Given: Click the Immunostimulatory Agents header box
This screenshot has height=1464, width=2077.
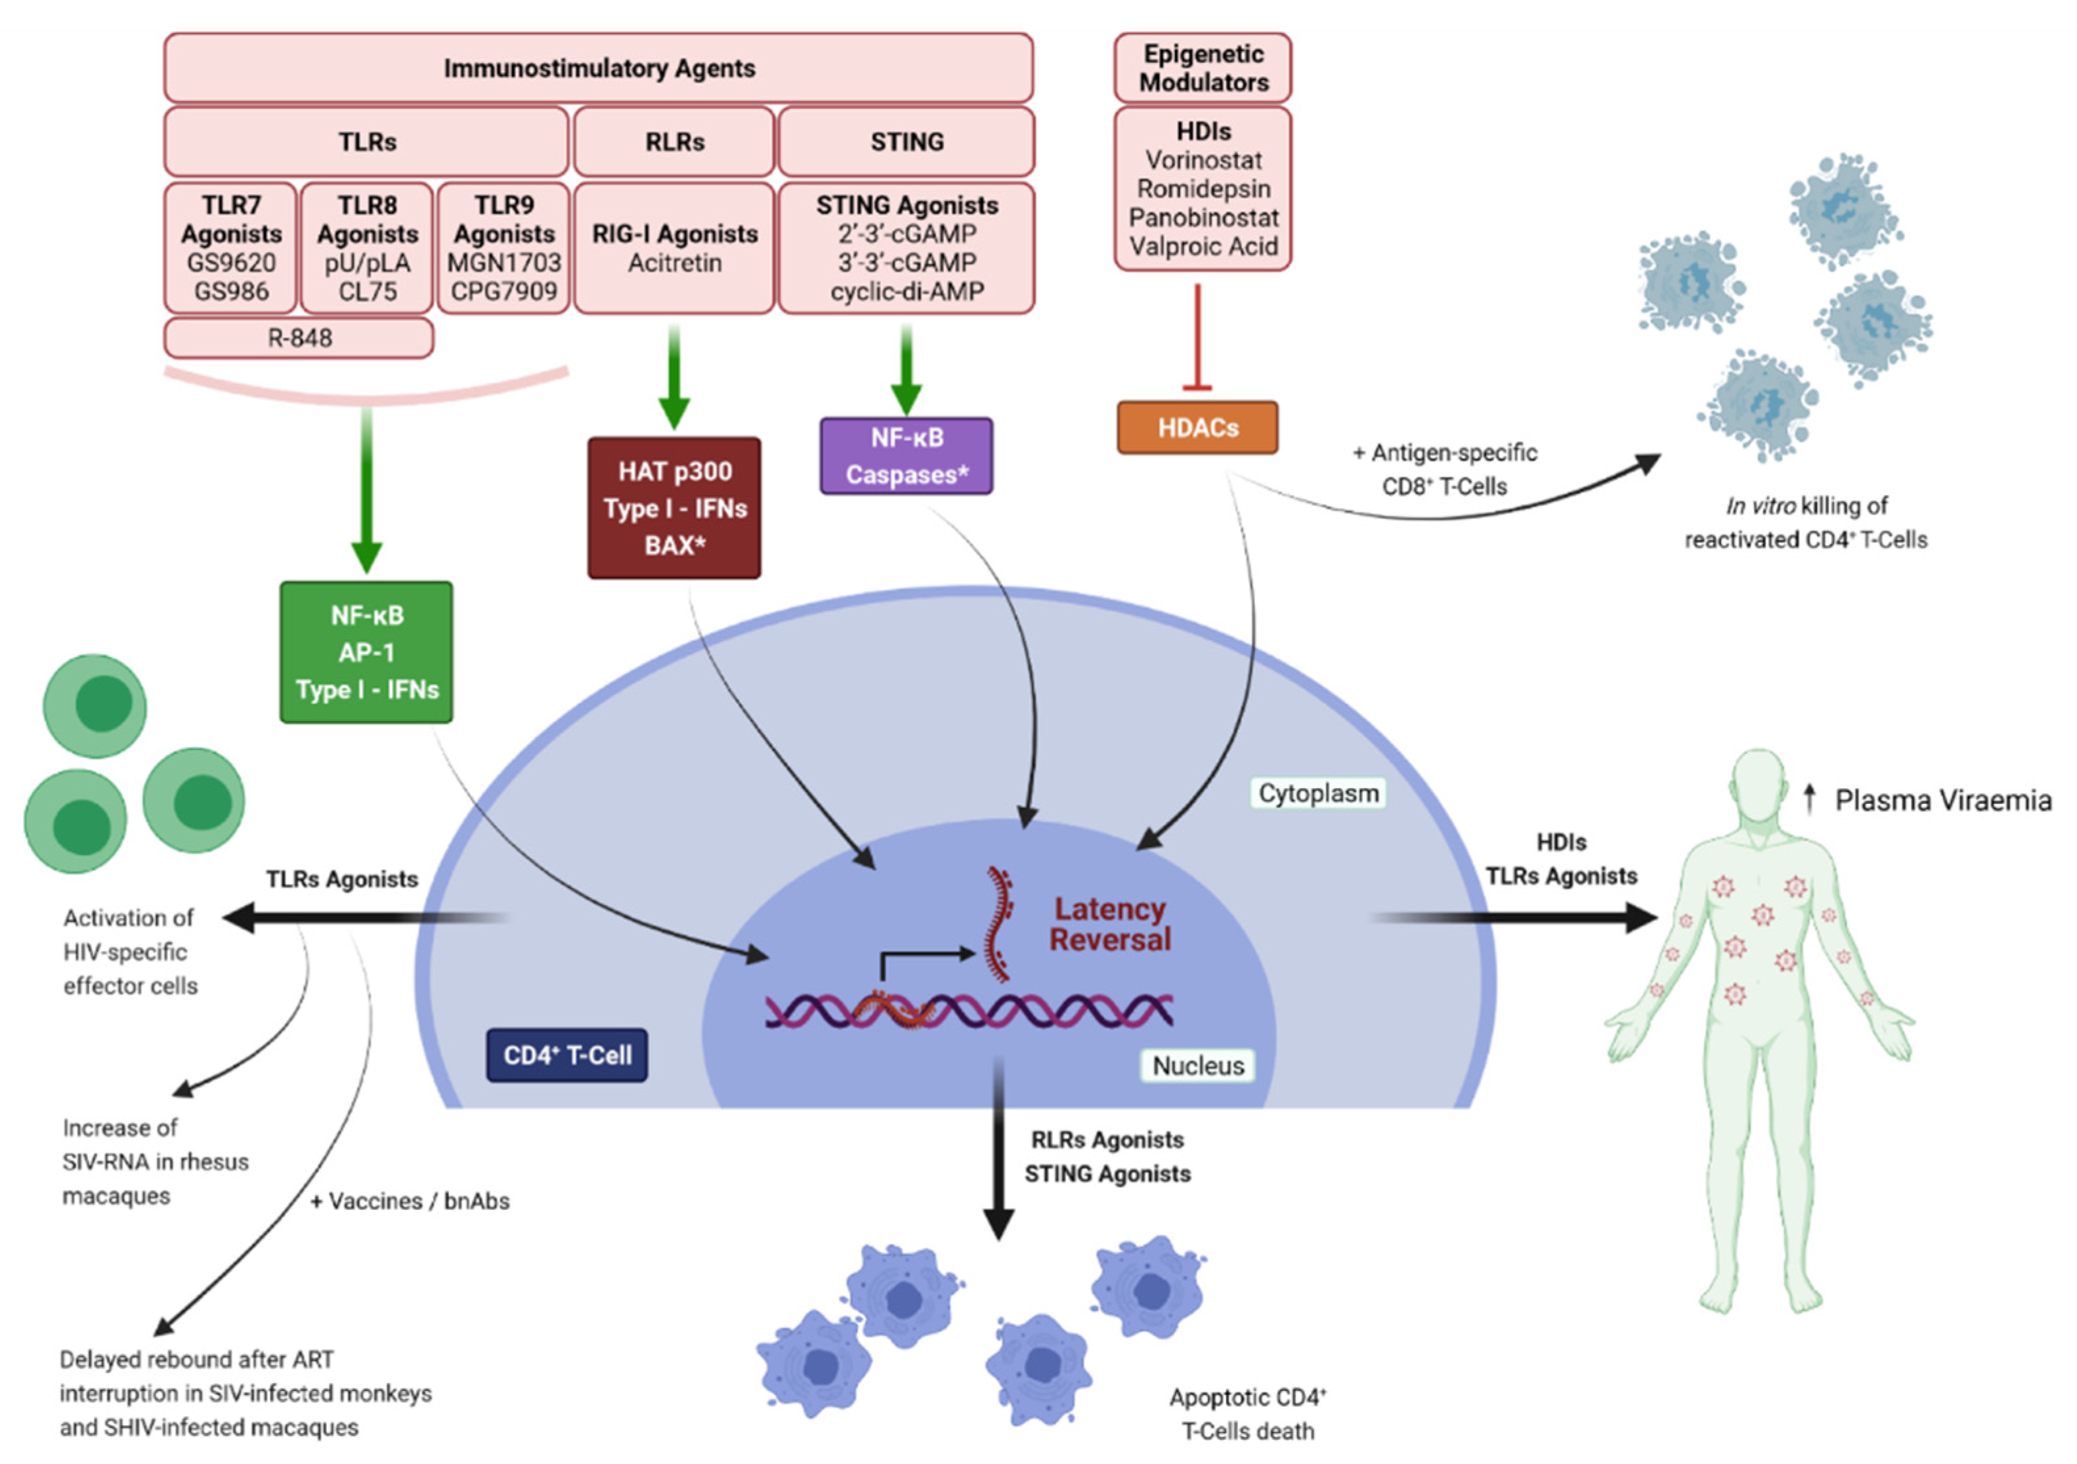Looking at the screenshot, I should tap(598, 68).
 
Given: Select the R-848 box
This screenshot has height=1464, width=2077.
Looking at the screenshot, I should tap(299, 338).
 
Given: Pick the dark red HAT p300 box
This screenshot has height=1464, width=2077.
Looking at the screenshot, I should tap(674, 508).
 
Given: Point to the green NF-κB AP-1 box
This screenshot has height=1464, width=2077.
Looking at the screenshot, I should tap(366, 652).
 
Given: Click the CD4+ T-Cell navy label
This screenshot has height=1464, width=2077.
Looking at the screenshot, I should tap(567, 1055).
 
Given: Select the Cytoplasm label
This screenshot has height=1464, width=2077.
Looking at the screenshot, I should tap(1318, 793).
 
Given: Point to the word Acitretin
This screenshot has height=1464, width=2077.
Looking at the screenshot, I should tap(674, 263).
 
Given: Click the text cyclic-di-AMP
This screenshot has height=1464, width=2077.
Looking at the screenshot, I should tap(907, 291).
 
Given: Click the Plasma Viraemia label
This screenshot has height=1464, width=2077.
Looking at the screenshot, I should tap(1942, 801).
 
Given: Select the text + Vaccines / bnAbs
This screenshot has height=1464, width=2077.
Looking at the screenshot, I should tap(410, 1201).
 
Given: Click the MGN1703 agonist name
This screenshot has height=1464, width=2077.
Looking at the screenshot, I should tap(504, 263).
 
